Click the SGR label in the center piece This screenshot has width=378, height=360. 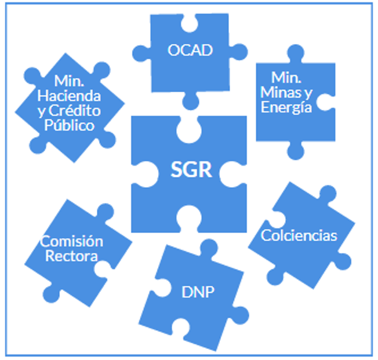[x=192, y=170]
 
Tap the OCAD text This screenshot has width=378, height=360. [x=190, y=50]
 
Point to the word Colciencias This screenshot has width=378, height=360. [x=299, y=236]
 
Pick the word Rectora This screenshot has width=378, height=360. [x=71, y=256]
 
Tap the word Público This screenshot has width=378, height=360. [x=70, y=125]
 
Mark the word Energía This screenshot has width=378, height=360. [x=286, y=107]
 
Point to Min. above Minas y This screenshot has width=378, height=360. [x=287, y=78]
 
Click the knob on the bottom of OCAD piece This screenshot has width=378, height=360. [x=190, y=100]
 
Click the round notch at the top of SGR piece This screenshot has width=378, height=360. [x=190, y=129]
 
